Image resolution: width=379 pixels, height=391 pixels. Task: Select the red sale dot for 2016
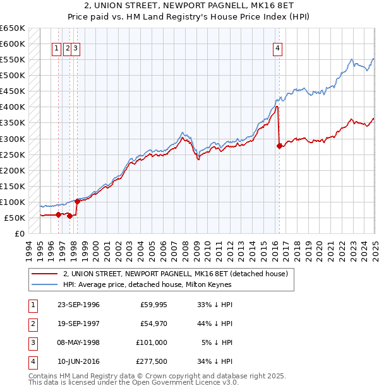click(x=279, y=146)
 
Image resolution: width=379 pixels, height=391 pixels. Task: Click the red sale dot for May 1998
click(x=77, y=202)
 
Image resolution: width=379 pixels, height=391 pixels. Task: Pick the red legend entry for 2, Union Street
click(x=176, y=274)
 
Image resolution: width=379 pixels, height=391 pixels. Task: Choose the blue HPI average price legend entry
click(x=147, y=284)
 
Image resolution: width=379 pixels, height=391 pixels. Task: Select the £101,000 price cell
click(x=152, y=343)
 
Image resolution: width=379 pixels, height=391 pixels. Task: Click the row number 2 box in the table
click(x=32, y=324)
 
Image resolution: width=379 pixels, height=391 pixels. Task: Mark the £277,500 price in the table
click(x=152, y=362)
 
